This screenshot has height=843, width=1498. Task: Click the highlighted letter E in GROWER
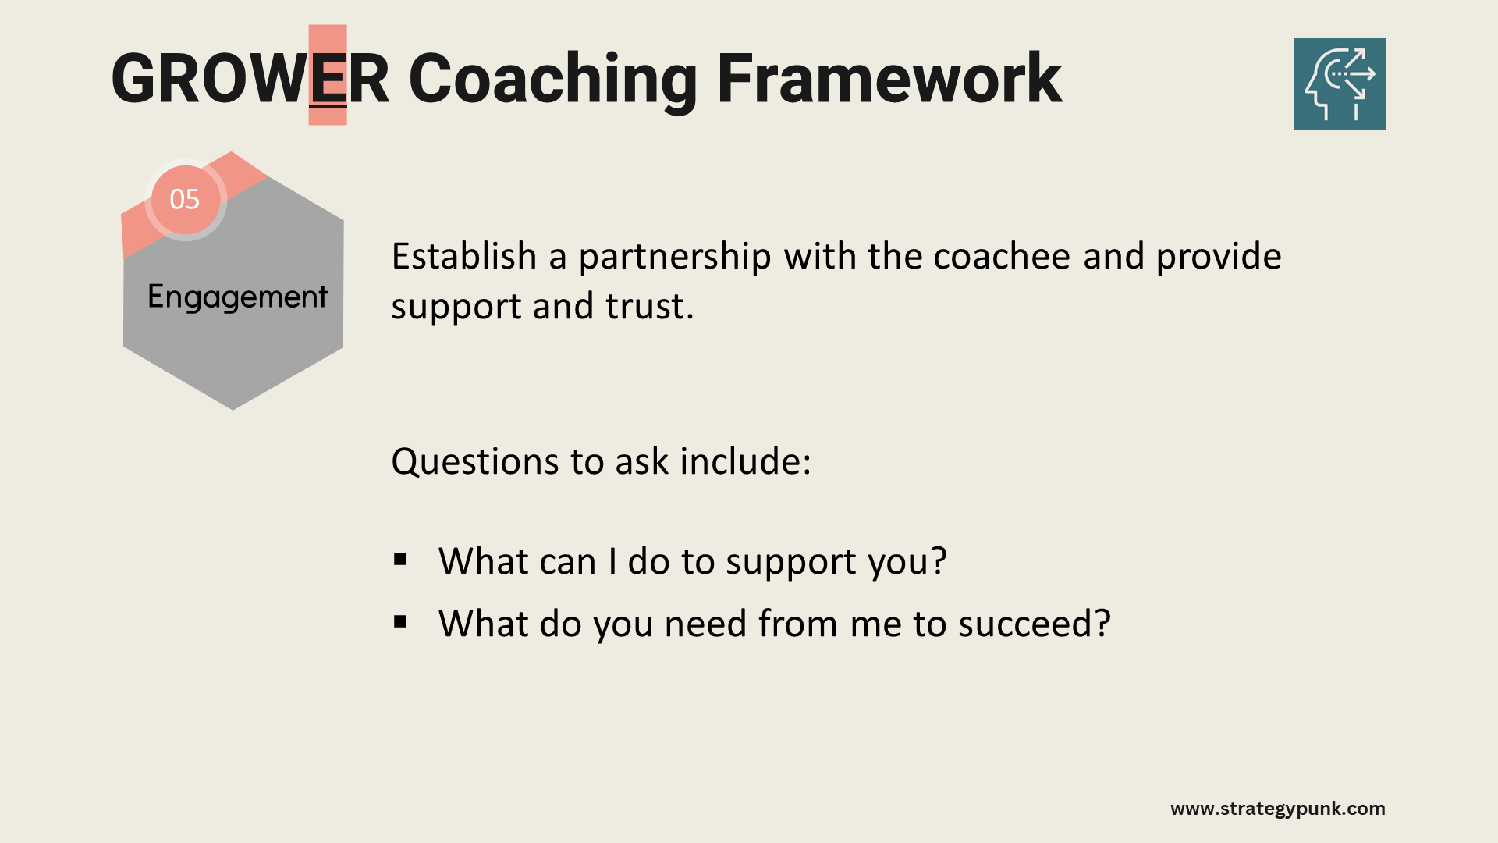point(328,78)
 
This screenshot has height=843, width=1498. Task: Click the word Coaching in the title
point(552,81)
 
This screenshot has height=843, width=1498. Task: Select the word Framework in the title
point(889,78)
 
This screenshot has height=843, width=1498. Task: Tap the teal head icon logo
point(1339,84)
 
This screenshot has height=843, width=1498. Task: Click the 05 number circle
point(185,200)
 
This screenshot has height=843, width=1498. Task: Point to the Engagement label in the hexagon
point(237,297)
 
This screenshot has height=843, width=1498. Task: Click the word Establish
point(464,256)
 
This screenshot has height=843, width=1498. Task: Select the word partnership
point(675,258)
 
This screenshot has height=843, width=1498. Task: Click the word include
point(745,461)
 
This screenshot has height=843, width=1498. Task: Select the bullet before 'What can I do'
point(401,559)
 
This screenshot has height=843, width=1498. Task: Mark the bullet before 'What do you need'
point(401,621)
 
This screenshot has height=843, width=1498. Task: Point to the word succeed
point(1035,624)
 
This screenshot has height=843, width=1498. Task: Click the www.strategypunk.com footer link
point(1278,809)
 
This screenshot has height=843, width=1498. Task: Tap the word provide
point(1219,258)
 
